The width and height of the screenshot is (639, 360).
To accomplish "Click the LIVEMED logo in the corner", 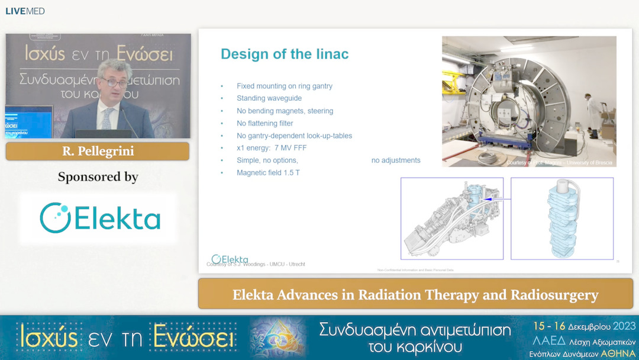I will click(25, 11).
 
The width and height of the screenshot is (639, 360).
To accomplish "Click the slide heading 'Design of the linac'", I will click(284, 54).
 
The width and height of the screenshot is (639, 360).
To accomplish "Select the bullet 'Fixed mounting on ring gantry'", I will click(284, 86).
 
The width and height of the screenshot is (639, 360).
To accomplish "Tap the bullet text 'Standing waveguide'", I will click(269, 98).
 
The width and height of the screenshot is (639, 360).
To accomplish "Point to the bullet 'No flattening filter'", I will click(264, 123).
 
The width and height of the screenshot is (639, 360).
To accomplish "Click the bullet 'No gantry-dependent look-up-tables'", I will click(294, 136).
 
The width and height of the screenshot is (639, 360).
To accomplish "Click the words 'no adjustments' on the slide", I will click(395, 160).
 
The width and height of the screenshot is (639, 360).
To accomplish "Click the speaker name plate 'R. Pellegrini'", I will click(98, 152).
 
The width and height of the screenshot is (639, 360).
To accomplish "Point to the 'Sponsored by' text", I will click(98, 177).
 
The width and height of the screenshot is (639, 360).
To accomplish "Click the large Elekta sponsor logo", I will click(99, 217).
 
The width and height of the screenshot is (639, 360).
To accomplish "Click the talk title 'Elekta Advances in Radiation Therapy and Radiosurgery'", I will click(415, 294).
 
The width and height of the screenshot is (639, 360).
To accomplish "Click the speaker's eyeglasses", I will click(114, 82).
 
